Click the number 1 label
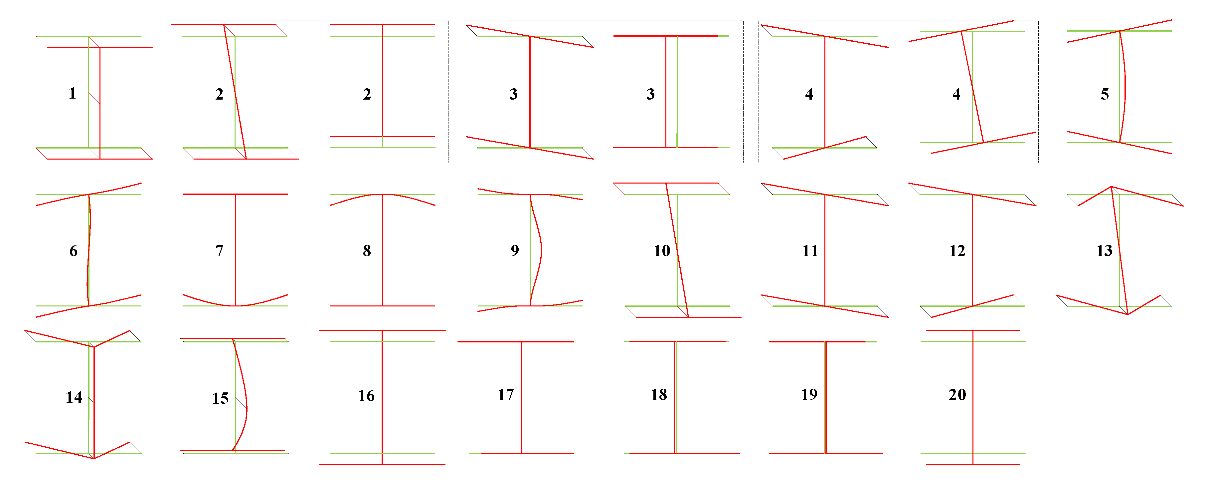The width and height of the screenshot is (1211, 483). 73,93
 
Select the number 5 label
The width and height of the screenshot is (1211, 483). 1105,94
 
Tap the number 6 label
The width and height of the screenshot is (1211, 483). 73,250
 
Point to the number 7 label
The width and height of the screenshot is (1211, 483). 220,250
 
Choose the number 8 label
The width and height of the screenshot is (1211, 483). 367,250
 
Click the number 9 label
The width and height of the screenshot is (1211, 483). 515,250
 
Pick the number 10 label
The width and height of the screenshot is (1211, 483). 662,250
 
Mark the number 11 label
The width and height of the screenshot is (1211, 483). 810,250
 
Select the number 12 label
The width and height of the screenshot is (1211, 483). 957,250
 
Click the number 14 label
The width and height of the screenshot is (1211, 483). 74,397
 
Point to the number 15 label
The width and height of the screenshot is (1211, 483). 221,398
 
